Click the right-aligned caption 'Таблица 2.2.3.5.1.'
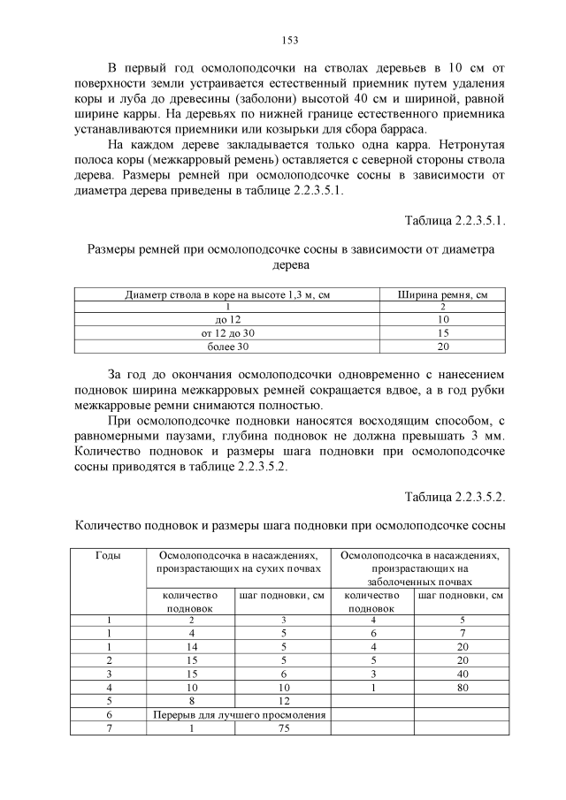point(455,219)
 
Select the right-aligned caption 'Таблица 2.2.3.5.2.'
point(455,496)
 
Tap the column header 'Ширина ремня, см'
point(443,294)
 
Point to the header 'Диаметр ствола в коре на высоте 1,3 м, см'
point(227,294)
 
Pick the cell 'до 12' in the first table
point(227,319)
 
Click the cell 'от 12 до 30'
point(227,332)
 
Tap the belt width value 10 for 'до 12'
point(443,319)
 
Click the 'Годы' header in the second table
point(108,556)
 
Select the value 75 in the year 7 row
point(285,728)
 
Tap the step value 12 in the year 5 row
point(285,700)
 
